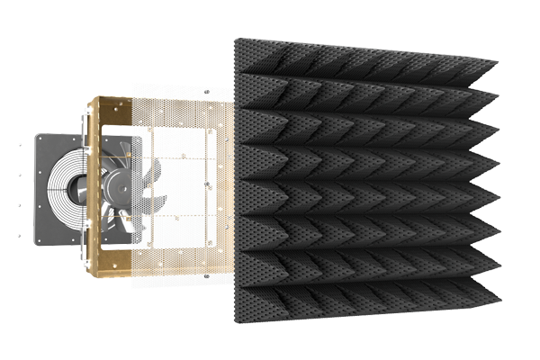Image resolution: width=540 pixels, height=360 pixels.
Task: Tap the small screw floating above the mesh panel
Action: coord(207,92)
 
